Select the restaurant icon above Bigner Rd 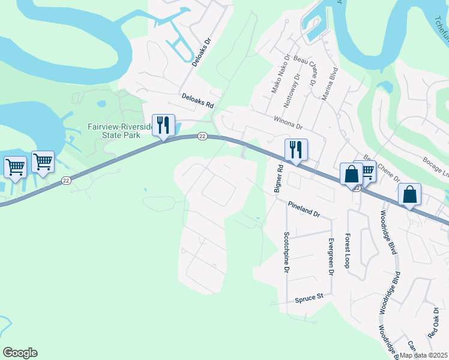point(296,150)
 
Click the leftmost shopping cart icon point(15,167)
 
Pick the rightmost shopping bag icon point(409,195)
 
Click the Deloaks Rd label point(198,100)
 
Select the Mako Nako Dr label point(279,74)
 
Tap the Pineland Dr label point(304,209)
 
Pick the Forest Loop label point(347,250)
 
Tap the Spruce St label point(309,296)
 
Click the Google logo point(20,353)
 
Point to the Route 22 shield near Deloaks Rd point(202,137)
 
